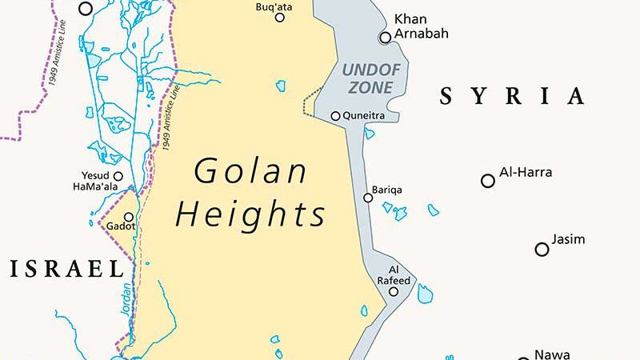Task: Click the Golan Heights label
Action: click(x=251, y=192)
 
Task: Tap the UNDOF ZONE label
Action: click(x=367, y=78)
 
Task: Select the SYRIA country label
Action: click(x=513, y=98)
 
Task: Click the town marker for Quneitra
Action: click(x=335, y=116)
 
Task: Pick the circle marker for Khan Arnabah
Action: click(x=385, y=37)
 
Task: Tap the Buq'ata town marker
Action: click(x=280, y=18)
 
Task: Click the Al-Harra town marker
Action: click(x=487, y=181)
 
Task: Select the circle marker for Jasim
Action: click(x=542, y=250)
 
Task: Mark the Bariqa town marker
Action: click(x=367, y=197)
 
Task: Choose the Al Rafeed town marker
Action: click(x=393, y=292)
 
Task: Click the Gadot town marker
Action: click(x=128, y=217)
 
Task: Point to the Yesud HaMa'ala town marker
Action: click(x=118, y=176)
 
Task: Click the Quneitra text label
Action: click(x=364, y=116)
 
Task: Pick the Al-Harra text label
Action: click(x=526, y=172)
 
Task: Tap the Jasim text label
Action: click(x=569, y=239)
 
